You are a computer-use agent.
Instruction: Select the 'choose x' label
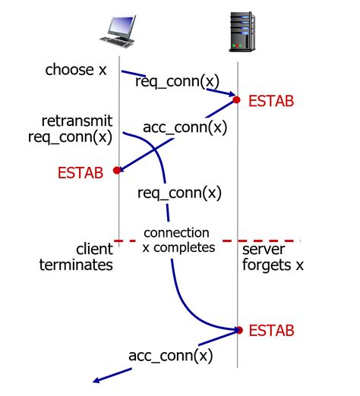tap(76, 71)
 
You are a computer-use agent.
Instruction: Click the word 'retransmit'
tap(77, 121)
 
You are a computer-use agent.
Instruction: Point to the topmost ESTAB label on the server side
tap(271, 100)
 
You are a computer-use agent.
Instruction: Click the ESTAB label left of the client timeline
tap(80, 172)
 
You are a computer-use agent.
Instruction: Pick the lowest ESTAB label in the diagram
tap(271, 331)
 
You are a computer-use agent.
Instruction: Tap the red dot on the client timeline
tap(117, 171)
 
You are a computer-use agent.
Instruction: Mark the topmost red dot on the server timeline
tap(237, 99)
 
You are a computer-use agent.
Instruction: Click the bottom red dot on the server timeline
tap(238, 330)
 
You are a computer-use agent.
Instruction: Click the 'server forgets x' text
tap(270, 257)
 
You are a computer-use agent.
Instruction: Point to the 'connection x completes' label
tap(178, 240)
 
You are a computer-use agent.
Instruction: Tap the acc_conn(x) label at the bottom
tap(170, 355)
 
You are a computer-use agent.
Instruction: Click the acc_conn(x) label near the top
tap(185, 127)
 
